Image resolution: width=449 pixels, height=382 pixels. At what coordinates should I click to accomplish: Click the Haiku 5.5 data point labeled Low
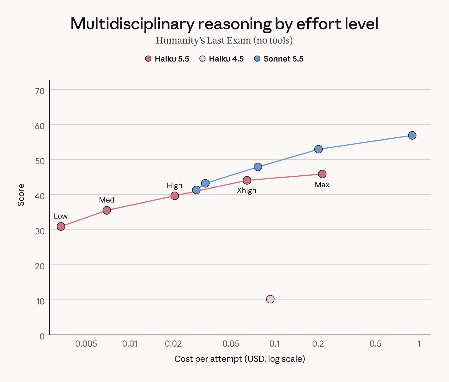[x=61, y=226]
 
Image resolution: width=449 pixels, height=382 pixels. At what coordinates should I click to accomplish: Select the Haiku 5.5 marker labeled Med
[x=107, y=210]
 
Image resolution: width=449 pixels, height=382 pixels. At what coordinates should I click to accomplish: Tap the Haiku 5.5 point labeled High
[x=175, y=196]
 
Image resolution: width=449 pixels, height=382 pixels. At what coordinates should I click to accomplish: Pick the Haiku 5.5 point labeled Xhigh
[x=247, y=180]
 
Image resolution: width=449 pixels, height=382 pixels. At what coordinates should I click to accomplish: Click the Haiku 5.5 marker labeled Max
[x=322, y=174]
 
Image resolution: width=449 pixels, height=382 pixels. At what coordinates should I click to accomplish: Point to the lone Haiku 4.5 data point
[x=270, y=299]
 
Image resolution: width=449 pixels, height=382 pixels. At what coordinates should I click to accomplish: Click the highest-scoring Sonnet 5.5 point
[x=412, y=135]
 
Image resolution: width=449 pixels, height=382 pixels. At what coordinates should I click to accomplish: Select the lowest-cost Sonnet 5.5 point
[x=196, y=190]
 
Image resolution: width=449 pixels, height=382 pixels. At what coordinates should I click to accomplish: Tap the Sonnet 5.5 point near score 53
[x=319, y=149]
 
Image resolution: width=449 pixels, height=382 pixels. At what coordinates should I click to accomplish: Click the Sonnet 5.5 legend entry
[x=279, y=59]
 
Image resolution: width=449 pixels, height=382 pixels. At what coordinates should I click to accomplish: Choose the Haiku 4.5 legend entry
[x=221, y=59]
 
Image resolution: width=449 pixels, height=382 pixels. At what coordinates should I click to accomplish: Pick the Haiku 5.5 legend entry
[x=167, y=59]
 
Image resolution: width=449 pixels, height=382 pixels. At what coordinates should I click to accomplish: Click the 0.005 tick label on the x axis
[x=86, y=344]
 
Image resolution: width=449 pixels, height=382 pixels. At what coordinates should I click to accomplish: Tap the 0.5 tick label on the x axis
[x=375, y=344]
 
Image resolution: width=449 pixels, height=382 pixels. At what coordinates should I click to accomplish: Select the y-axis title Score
[x=21, y=195]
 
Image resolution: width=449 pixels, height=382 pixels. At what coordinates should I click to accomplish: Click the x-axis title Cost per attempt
[x=208, y=359]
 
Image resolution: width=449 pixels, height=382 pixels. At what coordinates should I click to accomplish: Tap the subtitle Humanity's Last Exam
[x=203, y=40]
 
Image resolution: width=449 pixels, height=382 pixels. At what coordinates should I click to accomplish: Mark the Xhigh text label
[x=247, y=190]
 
